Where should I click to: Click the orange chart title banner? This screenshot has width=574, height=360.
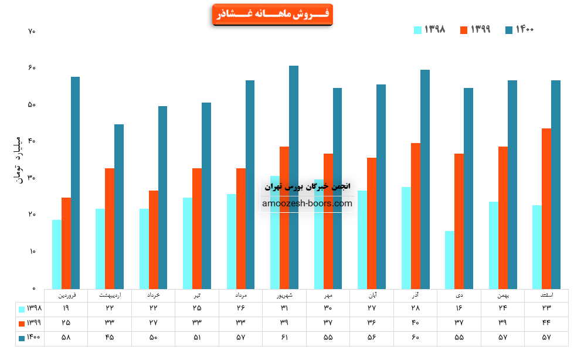point(272,14)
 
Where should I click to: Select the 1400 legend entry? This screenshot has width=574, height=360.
point(519,29)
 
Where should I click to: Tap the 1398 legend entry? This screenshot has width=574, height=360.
point(429,29)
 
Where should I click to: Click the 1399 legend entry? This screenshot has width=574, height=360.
point(475,29)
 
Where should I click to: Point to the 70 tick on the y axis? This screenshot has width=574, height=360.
point(32,31)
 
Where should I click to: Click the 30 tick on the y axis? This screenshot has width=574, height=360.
point(32,178)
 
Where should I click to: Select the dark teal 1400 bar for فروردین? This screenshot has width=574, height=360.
point(75,182)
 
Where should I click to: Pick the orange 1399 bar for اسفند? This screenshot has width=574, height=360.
point(546,208)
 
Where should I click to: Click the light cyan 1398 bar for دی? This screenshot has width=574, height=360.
point(450,259)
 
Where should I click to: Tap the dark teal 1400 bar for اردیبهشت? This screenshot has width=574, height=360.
point(119,206)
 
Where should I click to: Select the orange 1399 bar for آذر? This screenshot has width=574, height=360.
point(416,215)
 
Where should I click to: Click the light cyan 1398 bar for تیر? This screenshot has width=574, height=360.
point(188,243)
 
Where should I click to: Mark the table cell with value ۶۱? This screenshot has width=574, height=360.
point(284,338)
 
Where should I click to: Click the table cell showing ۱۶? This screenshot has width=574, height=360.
point(459,308)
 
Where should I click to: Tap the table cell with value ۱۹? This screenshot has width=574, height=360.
point(66,308)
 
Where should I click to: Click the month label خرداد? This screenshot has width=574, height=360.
point(153,295)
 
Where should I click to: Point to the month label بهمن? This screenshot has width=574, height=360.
point(502,295)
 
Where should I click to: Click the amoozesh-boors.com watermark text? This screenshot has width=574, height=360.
point(307,203)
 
